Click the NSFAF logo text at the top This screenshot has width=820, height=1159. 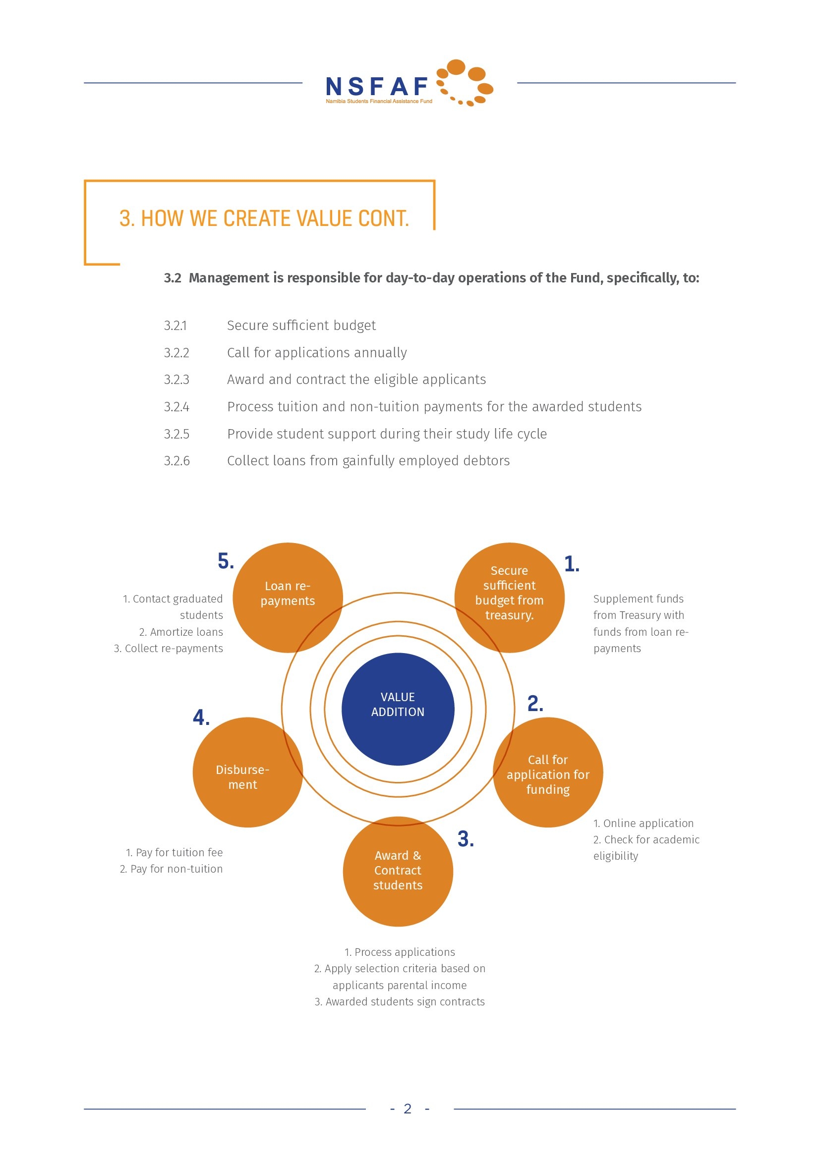point(377,86)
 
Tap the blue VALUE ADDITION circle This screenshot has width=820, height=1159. point(398,709)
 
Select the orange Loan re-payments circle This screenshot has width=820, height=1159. point(288,598)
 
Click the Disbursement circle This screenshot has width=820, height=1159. point(247,773)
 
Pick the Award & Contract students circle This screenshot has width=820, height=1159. point(398,871)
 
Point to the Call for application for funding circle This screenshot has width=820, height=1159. point(548,773)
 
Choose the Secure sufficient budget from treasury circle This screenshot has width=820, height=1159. point(510,598)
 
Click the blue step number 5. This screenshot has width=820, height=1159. point(226,561)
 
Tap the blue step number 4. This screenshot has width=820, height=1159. point(201,717)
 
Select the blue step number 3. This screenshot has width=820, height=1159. point(466,839)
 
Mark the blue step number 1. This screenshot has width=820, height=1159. point(572,564)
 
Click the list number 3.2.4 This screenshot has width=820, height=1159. point(176,407)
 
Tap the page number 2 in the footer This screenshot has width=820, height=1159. point(408,1108)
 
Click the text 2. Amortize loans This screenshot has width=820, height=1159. point(181,632)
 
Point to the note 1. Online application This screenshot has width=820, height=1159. point(644,824)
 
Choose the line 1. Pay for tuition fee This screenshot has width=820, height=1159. point(174,853)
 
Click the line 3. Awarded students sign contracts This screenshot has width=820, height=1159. point(400,1001)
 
